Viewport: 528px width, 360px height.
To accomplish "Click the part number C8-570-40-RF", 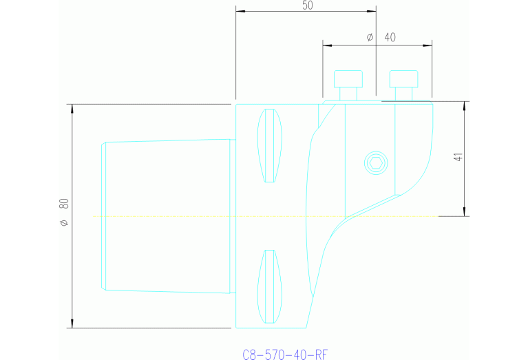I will (x=285, y=354).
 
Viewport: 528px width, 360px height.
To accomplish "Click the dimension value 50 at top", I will (x=307, y=5).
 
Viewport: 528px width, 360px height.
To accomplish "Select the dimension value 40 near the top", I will (x=390, y=37).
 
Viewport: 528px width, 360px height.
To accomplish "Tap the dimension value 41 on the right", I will (x=458, y=156).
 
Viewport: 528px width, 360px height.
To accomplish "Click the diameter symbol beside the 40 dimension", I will (x=370, y=37).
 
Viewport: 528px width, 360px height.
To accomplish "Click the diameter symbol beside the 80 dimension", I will (x=64, y=222).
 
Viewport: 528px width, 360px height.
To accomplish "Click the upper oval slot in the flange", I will (x=270, y=145).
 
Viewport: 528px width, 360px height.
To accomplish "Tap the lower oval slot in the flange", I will (x=270, y=286).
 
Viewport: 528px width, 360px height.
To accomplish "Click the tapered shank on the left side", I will (x=167, y=215).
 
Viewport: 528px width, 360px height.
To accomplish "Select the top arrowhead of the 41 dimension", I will (x=465, y=105).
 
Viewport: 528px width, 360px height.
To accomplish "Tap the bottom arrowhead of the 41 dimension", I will (x=465, y=212).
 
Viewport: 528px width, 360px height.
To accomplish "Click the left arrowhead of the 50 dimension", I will (x=240, y=11).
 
